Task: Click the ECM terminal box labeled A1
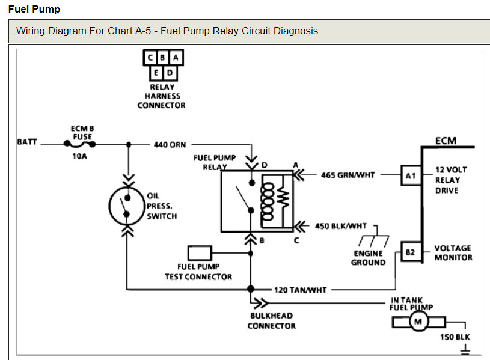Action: pos(410,176)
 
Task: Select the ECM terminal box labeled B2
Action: pos(410,253)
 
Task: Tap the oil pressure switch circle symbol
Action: pos(127,206)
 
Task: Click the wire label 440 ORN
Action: pos(170,145)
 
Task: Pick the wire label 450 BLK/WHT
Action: pos(340,227)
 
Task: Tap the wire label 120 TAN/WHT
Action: pos(300,290)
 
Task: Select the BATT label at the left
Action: pos(27,142)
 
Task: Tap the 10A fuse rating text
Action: pos(81,157)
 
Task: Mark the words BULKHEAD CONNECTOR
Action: pos(272,320)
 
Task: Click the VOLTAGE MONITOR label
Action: pos(453,252)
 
